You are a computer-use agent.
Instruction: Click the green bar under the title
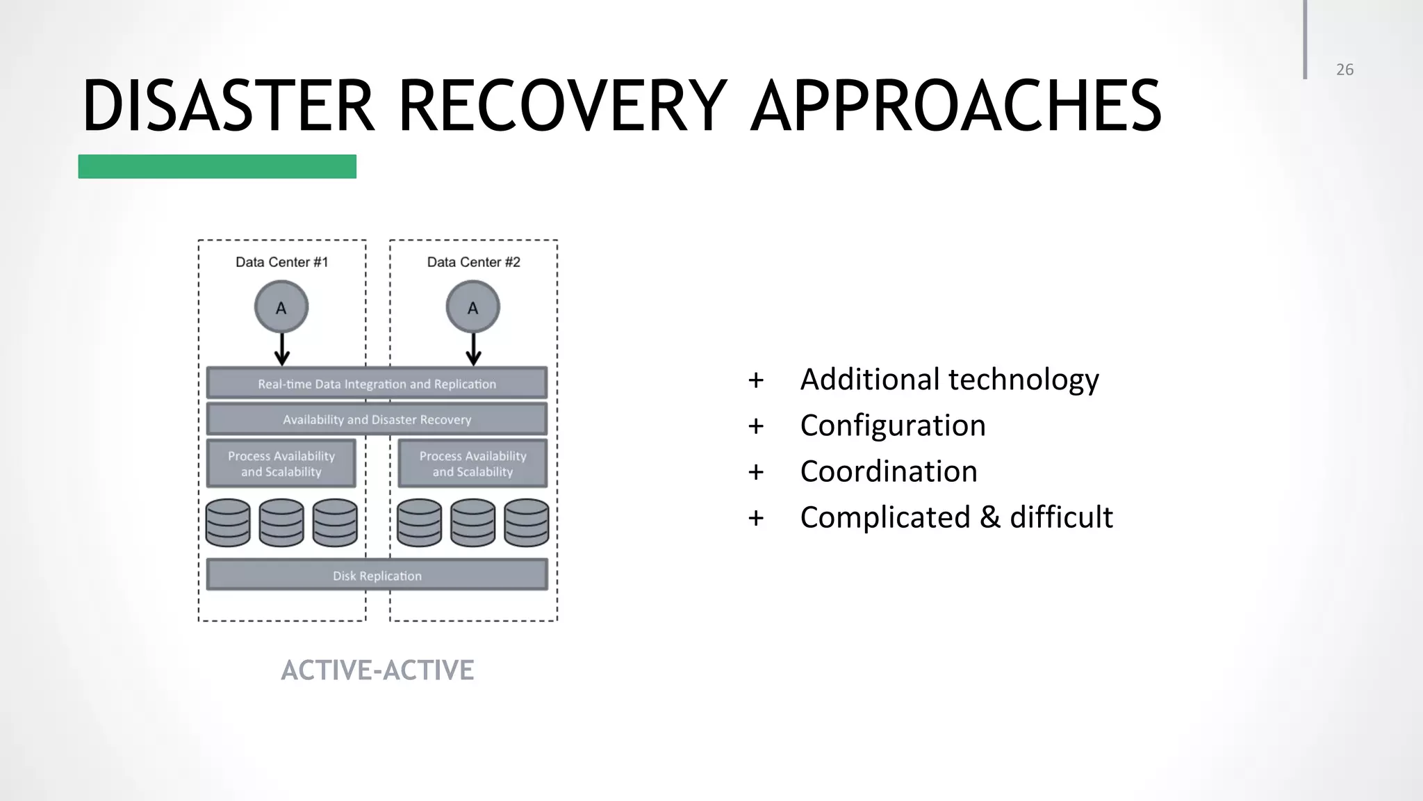(x=217, y=167)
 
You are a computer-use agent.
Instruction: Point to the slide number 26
(x=1344, y=70)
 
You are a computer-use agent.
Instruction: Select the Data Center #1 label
(x=281, y=262)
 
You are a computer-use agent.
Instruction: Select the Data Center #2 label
(x=473, y=262)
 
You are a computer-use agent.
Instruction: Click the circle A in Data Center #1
(x=281, y=307)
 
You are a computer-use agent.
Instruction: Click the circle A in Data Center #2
(x=472, y=307)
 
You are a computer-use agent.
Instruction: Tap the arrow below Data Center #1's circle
(x=281, y=349)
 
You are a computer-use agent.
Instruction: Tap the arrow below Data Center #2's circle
(x=473, y=349)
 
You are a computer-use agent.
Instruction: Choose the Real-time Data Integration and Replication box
(x=377, y=383)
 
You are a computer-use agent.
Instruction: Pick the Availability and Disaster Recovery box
(x=377, y=419)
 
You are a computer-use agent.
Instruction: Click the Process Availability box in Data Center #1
(x=281, y=463)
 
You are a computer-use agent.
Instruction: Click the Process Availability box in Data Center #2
(x=472, y=463)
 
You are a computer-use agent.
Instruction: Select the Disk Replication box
(x=377, y=575)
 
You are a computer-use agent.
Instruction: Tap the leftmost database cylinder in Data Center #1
(x=228, y=523)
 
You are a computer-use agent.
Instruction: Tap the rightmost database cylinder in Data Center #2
(x=526, y=523)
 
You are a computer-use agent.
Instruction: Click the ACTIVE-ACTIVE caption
(x=377, y=670)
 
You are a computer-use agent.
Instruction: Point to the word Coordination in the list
(x=888, y=471)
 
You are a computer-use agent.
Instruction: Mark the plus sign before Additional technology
(x=755, y=380)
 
